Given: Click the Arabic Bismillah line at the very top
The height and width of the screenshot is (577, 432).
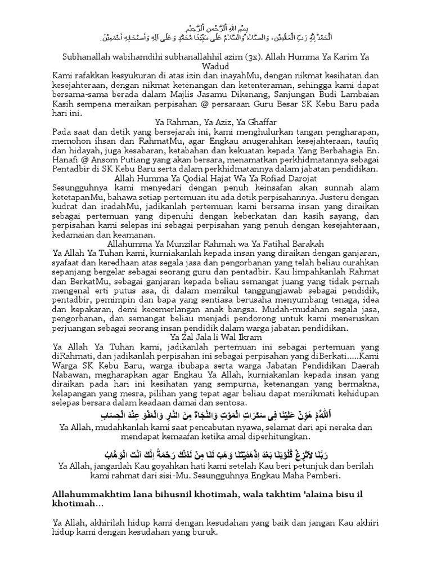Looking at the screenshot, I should [x=215, y=29].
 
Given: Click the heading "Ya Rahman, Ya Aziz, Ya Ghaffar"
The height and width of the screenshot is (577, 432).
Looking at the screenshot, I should [x=215, y=123].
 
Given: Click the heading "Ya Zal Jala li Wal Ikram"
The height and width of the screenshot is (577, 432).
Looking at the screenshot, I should [x=215, y=336].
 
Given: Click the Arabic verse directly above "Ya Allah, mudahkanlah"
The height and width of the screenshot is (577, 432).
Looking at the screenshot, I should [x=215, y=416].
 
